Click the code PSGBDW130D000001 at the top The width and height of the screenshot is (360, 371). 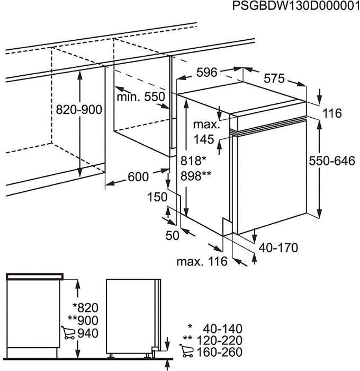click(x=296, y=6)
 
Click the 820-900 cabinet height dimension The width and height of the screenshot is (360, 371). click(x=79, y=110)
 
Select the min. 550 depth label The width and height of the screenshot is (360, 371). click(x=141, y=97)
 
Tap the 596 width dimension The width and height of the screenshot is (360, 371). click(x=206, y=72)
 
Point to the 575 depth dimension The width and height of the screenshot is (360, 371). click(x=274, y=78)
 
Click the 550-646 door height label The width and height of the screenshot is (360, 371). click(x=332, y=161)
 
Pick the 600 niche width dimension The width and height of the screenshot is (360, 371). click(x=138, y=176)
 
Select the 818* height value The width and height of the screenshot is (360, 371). click(x=193, y=161)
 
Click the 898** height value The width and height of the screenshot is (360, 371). click(x=196, y=176)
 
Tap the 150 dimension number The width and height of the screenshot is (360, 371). click(x=157, y=197)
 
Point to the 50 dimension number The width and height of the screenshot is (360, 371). click(x=172, y=235)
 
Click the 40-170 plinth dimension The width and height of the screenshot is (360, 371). click(x=278, y=248)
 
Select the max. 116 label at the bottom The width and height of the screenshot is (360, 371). click(x=202, y=261)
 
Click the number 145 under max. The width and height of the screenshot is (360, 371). click(x=204, y=139)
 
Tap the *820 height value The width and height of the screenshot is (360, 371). click(x=85, y=308)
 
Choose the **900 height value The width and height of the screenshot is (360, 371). click(x=83, y=320)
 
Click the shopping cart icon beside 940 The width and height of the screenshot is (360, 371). click(x=68, y=333)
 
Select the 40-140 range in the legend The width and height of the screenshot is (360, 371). click(x=223, y=329)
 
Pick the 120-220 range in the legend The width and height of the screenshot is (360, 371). click(x=219, y=340)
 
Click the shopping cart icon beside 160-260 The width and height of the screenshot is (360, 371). click(x=186, y=351)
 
